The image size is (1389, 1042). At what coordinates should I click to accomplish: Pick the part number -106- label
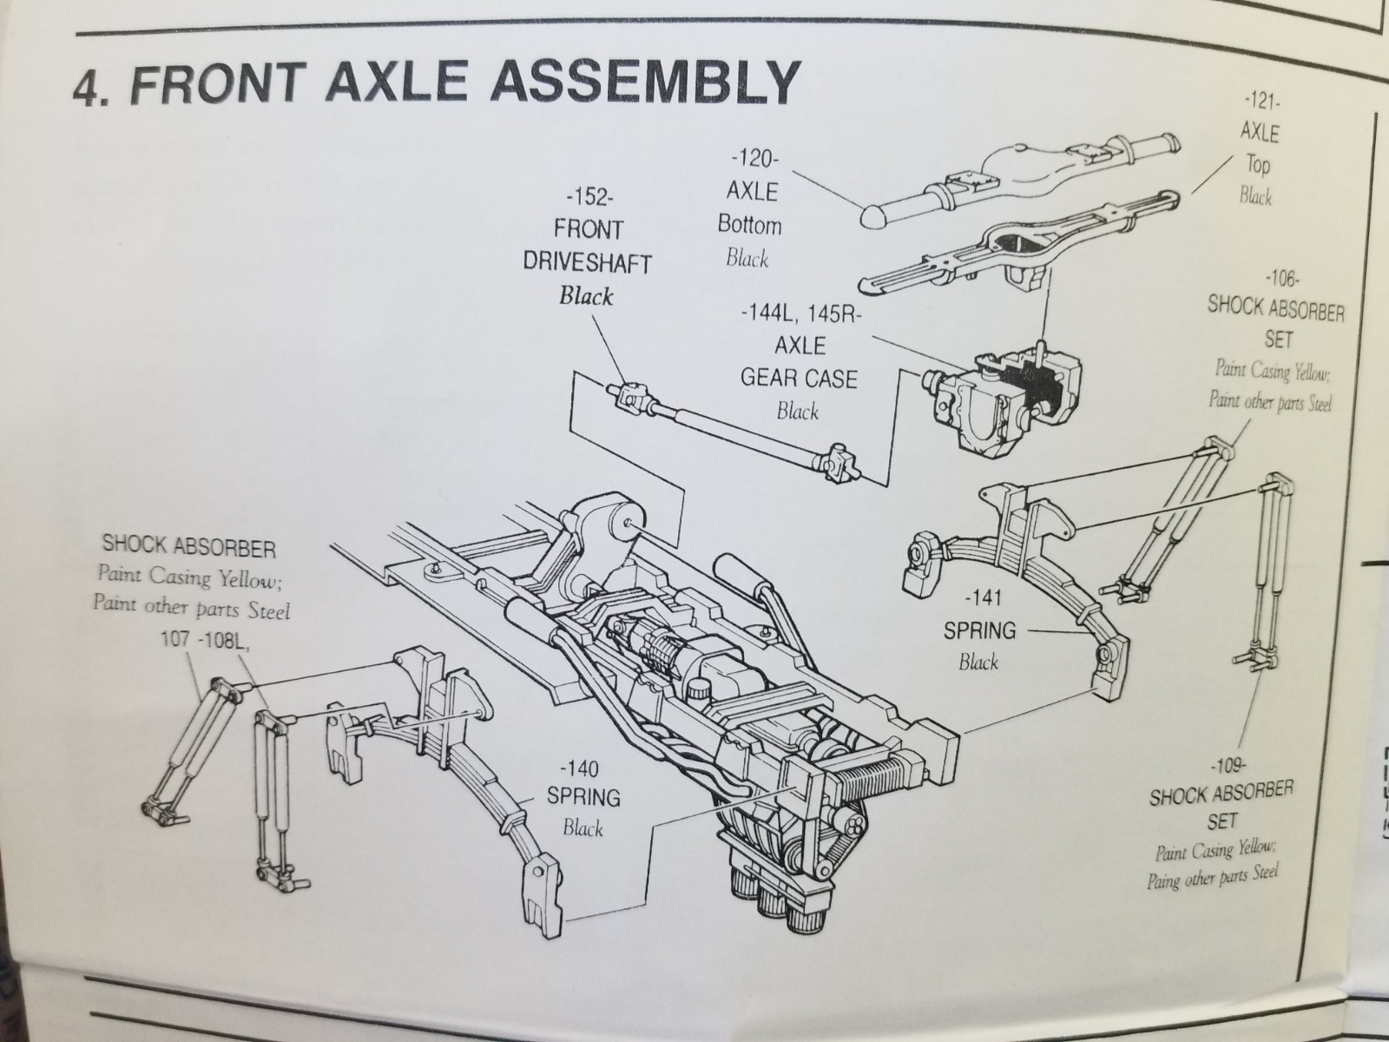point(1280,279)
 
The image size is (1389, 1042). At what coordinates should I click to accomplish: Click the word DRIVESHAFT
point(587,262)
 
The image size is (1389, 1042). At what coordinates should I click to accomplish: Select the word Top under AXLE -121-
point(1258,164)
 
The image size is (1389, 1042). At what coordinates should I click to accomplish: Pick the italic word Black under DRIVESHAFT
point(586,297)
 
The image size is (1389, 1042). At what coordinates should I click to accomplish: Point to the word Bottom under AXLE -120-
point(749,225)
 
